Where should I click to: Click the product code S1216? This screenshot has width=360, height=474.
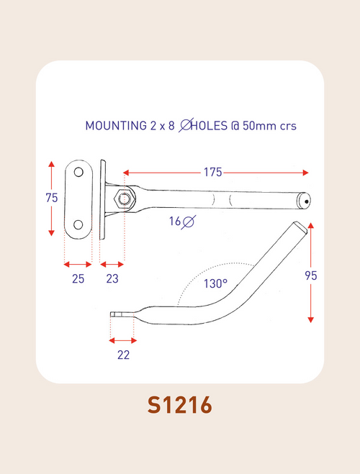coord(179,405)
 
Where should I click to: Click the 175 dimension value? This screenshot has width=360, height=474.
coord(212,173)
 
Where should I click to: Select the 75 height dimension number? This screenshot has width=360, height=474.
coord(51,199)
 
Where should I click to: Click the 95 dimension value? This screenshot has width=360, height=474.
coord(310,275)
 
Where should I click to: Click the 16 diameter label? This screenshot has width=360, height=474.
coord(176,222)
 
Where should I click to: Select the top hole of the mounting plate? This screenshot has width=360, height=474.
coord(78,173)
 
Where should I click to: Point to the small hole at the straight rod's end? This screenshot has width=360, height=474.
coord(306,202)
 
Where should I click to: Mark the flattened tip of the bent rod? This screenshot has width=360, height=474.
coord(120,314)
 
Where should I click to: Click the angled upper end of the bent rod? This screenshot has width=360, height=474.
coord(301,229)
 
